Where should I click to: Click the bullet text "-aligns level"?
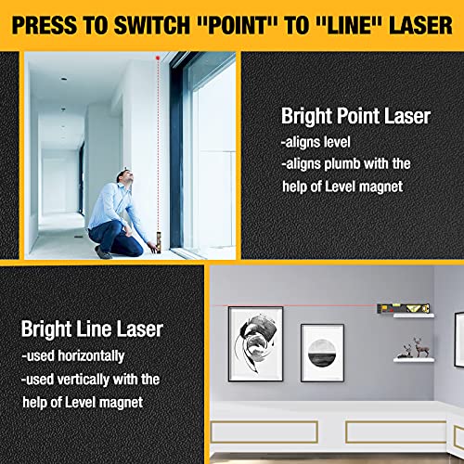316,142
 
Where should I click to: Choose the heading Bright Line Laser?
93,329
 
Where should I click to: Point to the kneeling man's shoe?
105,252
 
